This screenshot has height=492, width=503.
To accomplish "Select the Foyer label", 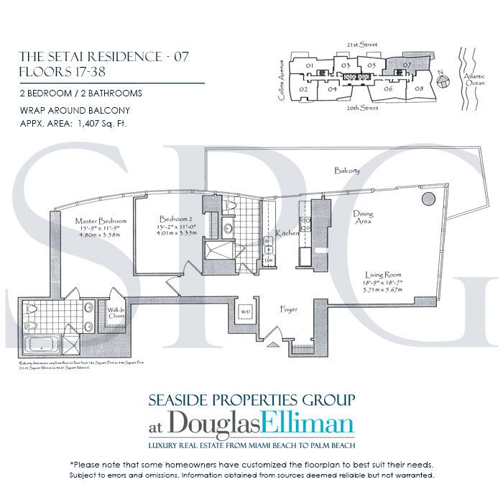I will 289,309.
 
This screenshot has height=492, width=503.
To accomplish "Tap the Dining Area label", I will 362,218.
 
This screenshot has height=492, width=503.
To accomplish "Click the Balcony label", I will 347,170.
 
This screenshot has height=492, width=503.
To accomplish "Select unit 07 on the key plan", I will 407,65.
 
